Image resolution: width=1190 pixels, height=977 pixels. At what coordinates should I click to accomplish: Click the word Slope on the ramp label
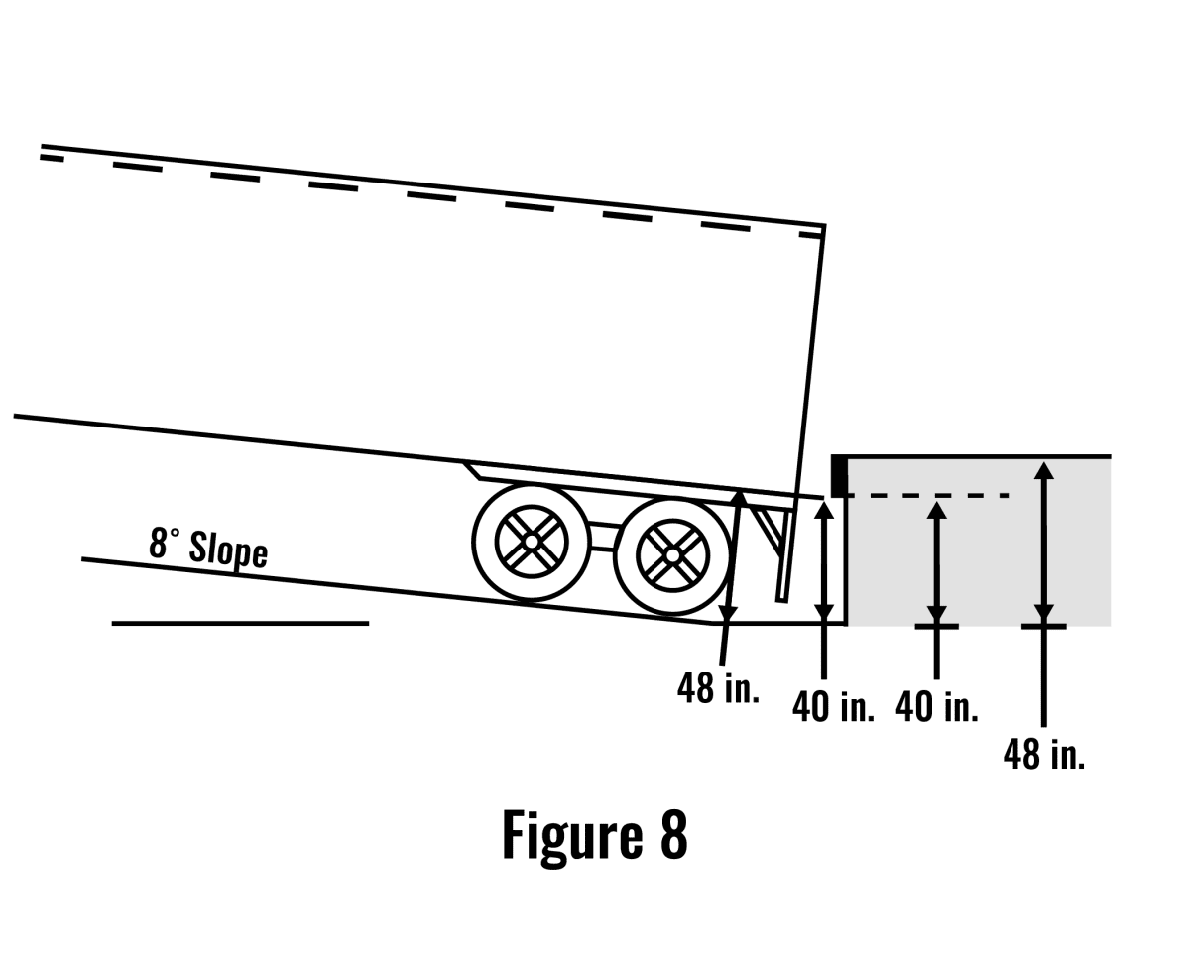(228, 550)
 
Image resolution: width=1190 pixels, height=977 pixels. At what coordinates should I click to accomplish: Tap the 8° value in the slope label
(165, 543)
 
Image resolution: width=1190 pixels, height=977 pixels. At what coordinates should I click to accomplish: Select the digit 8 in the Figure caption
(673, 835)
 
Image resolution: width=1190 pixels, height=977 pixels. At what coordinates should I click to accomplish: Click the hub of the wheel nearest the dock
(672, 555)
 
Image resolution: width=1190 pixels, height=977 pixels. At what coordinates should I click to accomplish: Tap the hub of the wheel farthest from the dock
(532, 542)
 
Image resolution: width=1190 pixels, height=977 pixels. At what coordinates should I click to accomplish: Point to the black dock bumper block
(839, 475)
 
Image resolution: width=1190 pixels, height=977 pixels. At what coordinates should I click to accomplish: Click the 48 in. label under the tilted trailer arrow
(718, 687)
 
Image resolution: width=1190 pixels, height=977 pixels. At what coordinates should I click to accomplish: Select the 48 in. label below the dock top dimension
(1044, 754)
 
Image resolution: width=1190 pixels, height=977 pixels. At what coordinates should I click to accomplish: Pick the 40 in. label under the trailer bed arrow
(833, 706)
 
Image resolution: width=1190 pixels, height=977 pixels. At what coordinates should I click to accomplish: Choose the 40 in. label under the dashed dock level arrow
(936, 706)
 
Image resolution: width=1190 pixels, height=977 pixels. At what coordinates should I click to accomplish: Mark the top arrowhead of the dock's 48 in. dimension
(1043, 470)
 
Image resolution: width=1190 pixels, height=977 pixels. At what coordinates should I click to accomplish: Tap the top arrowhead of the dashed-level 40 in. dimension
(936, 510)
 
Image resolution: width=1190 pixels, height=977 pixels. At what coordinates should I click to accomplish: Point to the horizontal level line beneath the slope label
(240, 623)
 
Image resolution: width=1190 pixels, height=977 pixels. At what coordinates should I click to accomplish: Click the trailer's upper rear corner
(823, 227)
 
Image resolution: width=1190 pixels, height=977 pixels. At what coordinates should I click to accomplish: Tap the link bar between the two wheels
(602, 536)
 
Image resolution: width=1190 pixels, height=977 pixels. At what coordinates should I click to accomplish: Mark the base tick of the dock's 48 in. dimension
(1043, 626)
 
